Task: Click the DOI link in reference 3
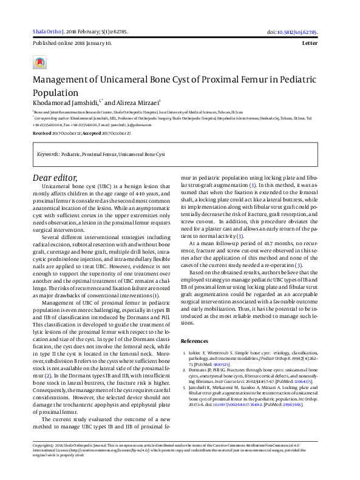tap(235, 404)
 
